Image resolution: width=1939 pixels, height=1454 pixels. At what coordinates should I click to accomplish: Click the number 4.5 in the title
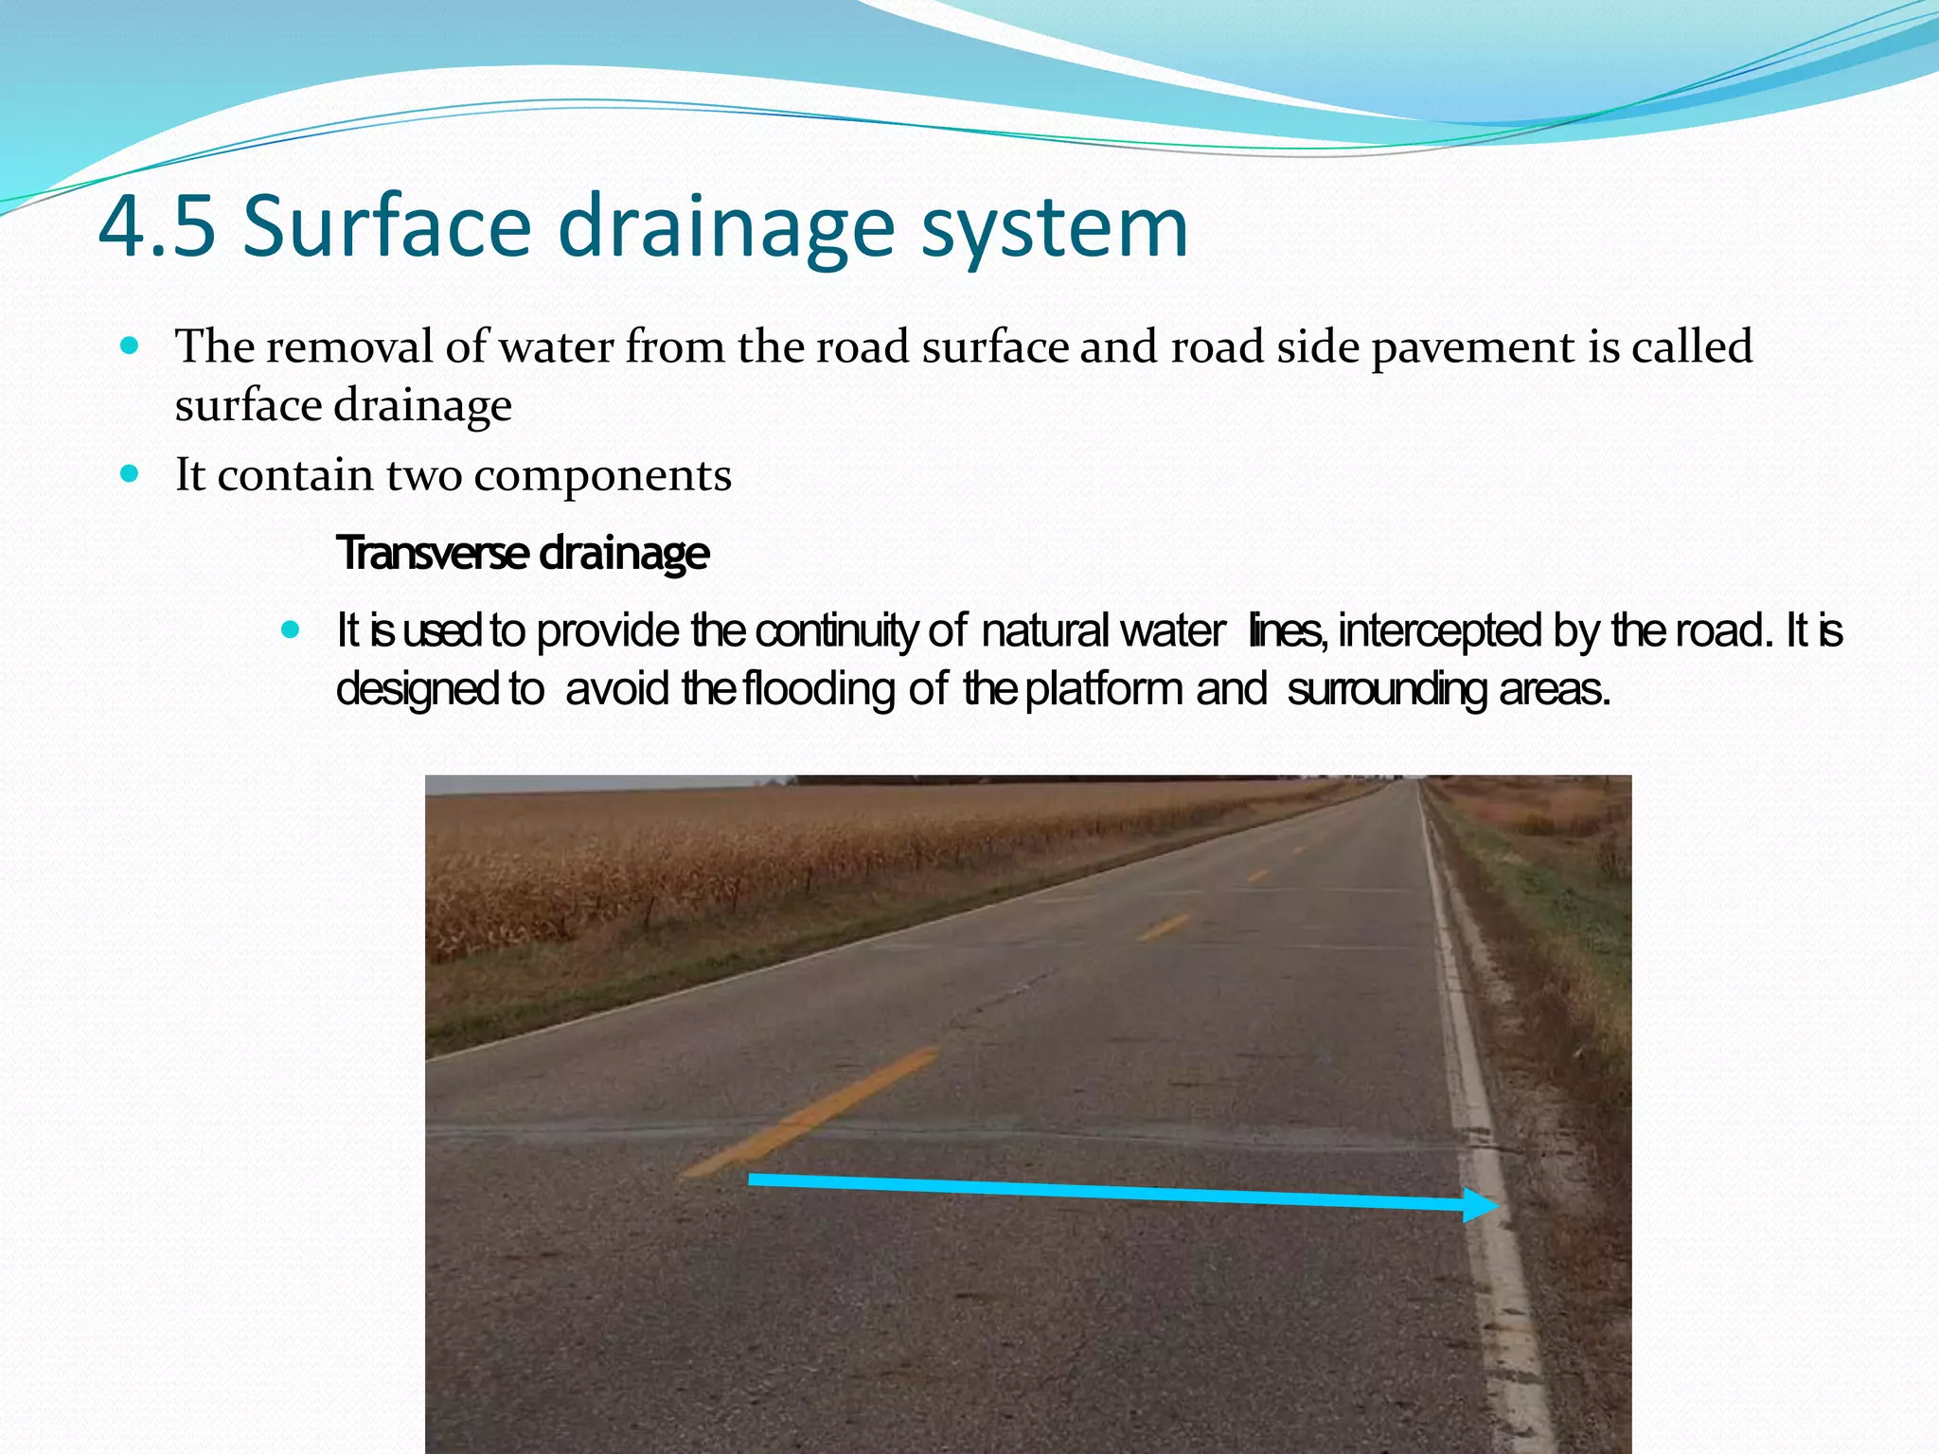click(x=157, y=227)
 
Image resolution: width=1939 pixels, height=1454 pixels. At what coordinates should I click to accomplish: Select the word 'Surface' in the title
click(x=386, y=227)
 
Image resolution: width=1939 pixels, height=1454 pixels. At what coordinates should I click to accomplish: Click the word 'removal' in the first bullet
click(x=348, y=346)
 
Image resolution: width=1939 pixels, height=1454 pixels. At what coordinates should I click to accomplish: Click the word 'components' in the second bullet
click(x=602, y=475)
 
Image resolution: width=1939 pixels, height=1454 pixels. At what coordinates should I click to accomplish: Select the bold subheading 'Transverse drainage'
click(x=523, y=553)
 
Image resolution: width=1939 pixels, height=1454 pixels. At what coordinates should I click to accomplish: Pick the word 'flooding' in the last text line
click(x=820, y=689)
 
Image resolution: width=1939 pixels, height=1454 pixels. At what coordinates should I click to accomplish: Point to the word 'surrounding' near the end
click(x=1387, y=689)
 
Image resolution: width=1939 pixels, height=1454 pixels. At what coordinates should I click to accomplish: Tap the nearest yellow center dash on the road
click(x=810, y=1111)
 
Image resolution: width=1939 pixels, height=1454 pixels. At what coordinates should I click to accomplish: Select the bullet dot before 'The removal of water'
click(x=131, y=346)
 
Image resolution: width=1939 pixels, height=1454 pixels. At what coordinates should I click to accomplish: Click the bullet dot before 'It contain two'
click(x=131, y=473)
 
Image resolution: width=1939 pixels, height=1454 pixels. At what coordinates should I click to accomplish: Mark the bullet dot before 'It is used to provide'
click(x=291, y=629)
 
